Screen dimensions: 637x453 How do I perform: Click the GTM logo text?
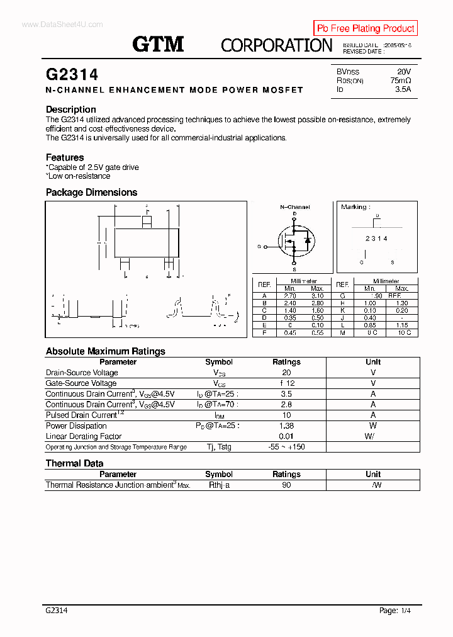point(158,44)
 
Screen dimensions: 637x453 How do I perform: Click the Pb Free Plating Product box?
point(366,28)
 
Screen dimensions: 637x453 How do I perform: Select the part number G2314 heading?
point(72,74)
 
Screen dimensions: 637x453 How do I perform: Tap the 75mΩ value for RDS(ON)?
point(400,81)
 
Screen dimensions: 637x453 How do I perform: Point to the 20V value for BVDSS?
point(403,72)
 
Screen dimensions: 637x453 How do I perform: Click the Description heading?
point(71,110)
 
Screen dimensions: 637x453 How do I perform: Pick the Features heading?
point(65,157)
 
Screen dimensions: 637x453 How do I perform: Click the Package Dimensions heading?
point(91,193)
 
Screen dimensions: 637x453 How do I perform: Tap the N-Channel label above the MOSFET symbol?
point(294,206)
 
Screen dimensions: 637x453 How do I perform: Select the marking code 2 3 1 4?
point(376,239)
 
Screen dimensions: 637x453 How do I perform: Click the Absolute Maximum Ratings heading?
point(105,351)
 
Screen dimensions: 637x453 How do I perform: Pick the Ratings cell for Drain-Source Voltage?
point(286,373)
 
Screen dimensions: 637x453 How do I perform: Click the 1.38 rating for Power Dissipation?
point(286,426)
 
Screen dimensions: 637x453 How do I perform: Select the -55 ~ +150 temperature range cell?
point(286,447)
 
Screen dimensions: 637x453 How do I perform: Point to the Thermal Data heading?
point(74,463)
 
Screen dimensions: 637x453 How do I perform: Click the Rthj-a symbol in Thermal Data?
point(219,485)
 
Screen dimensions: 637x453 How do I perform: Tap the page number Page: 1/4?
point(398,611)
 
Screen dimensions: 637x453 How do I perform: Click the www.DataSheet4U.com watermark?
point(53,25)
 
